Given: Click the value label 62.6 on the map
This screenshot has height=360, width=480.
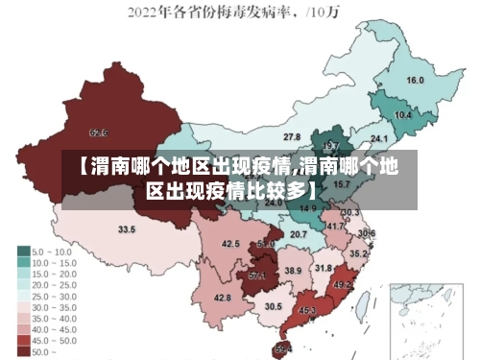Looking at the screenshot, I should (98, 132).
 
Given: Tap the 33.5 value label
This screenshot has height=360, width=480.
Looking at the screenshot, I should (126, 229).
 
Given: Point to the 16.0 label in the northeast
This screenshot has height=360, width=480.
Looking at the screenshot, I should (416, 80).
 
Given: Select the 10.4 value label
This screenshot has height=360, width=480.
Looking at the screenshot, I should (403, 115).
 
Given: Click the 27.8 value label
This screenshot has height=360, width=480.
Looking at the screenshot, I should (291, 137).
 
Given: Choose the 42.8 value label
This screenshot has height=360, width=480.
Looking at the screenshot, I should (222, 299).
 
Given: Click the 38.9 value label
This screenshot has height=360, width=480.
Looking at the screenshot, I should (293, 272).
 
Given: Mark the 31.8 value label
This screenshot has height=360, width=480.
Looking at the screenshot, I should (324, 268).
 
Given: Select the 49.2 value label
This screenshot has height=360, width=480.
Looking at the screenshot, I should (343, 285).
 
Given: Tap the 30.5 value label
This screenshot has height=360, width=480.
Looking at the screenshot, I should (274, 306).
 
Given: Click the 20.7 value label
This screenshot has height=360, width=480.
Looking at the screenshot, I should (299, 234).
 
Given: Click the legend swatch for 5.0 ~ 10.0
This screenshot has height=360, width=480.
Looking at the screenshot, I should (23, 251).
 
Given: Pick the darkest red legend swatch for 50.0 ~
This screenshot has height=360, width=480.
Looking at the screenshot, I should (23, 352).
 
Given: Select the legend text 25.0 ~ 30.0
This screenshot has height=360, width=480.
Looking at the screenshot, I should (54, 296).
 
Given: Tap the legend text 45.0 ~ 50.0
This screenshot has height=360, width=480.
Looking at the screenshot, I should (54, 341).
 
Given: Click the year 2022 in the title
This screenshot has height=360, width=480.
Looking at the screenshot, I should (143, 13).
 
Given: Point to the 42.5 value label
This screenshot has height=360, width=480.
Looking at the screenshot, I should (230, 244).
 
